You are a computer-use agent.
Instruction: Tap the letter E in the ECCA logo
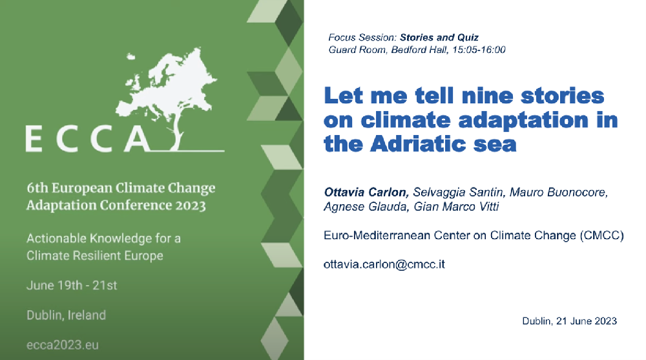pos(34,139)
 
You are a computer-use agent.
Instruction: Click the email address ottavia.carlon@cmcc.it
pos(384,264)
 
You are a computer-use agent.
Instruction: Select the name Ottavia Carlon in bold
pos(366,192)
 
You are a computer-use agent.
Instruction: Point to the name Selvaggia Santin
pos(458,192)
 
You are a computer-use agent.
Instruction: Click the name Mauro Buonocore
pos(559,192)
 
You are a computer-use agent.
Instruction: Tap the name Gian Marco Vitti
pos(456,206)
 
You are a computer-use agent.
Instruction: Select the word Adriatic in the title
pos(418,144)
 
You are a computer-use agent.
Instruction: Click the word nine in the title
pos(488,96)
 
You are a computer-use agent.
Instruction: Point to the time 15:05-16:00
pos(479,50)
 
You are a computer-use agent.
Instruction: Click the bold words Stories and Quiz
pos(439,37)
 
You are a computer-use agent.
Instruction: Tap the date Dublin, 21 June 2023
pos(569,321)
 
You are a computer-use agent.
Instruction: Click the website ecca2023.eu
pos(63,345)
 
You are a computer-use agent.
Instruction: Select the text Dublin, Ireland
pos(67,315)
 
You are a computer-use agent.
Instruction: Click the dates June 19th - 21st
pos(72,286)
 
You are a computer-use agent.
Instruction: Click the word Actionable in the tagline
pos(56,238)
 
